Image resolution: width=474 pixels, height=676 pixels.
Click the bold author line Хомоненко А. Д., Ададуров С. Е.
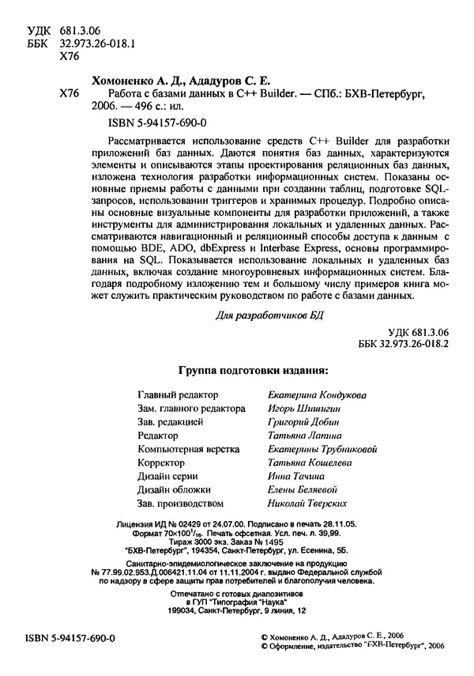coord(181,79)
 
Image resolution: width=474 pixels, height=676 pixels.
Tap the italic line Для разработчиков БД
coord(269,314)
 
